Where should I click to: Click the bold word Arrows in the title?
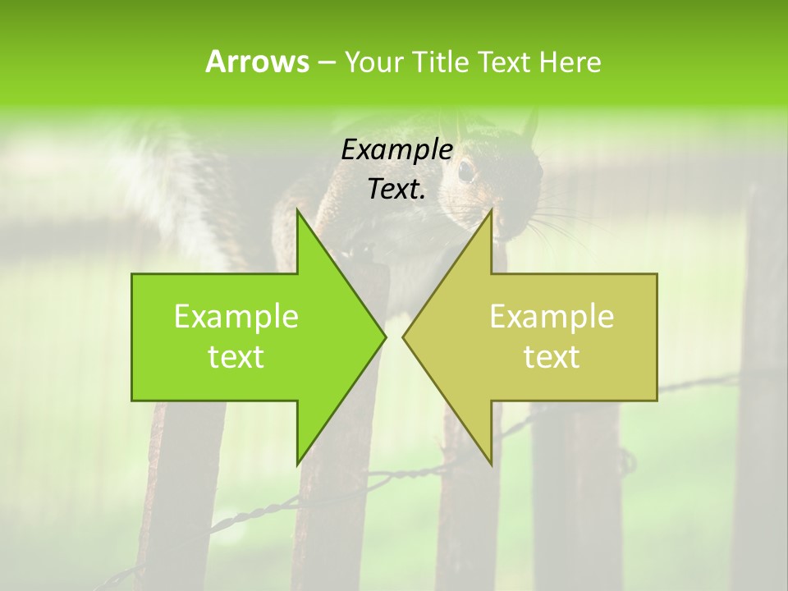pos(257,62)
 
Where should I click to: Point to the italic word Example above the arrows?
pos(396,149)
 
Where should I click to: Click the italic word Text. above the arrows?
pos(396,189)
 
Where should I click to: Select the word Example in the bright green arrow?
pos(236,317)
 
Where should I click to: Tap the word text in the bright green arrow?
pos(236,357)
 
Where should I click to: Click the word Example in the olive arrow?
pos(552,317)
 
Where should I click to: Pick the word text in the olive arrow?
pos(552,357)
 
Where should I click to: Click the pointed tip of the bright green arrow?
pos(384,337)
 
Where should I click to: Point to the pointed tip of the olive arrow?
pos(404,337)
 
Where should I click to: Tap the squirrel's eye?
pos(465,171)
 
